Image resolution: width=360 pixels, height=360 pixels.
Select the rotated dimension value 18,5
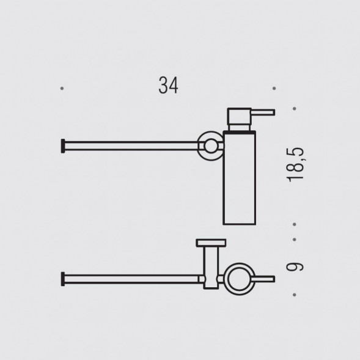pyautogui.click(x=298, y=166)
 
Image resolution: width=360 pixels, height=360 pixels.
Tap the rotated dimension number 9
pyautogui.click(x=298, y=266)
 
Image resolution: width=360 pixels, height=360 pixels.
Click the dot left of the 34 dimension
pyautogui.click(x=62, y=89)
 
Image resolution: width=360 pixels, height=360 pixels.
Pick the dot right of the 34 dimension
pyautogui.click(x=274, y=89)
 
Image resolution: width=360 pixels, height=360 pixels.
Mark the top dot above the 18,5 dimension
pyautogui.click(x=295, y=110)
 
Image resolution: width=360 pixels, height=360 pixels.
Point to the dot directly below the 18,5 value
pyautogui.click(x=295, y=224)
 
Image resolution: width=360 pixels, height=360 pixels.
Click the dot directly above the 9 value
pyautogui.click(x=295, y=240)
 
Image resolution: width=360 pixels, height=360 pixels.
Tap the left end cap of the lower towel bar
pyautogui.click(x=62, y=279)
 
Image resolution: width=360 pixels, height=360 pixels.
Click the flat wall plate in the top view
pyautogui.click(x=210, y=242)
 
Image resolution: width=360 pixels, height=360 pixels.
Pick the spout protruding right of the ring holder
pyautogui.click(x=264, y=279)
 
